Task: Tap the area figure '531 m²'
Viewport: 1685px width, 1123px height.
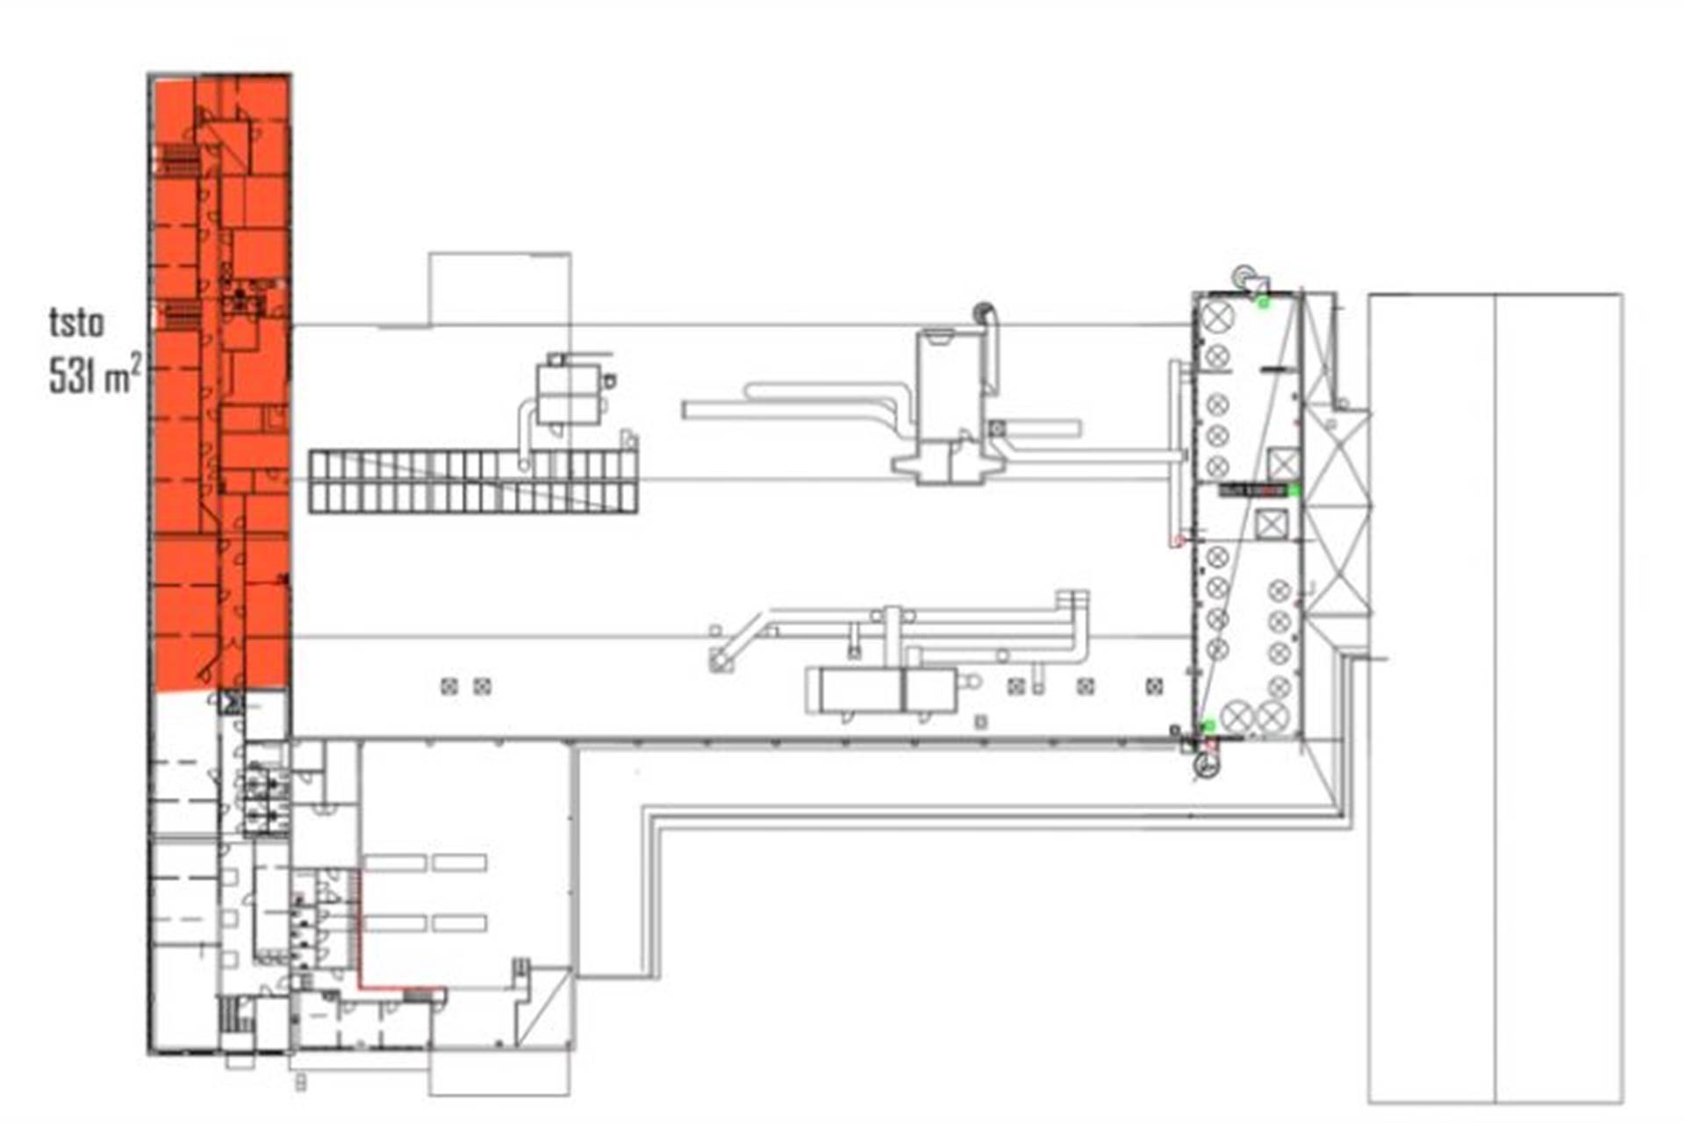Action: pyautogui.click(x=95, y=376)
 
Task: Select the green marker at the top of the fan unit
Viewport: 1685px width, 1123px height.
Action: pyautogui.click(x=1263, y=303)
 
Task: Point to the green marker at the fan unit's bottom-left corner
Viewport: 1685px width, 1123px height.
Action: pyautogui.click(x=1208, y=726)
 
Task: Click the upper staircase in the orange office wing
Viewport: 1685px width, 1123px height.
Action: pyautogui.click(x=181, y=161)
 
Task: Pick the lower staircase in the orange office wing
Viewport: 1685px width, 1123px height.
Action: pyautogui.click(x=181, y=315)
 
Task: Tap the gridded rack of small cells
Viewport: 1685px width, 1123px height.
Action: pyautogui.click(x=473, y=481)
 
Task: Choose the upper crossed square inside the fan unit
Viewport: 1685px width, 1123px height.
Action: pyautogui.click(x=1283, y=462)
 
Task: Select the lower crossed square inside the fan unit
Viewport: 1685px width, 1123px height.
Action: pyautogui.click(x=1270, y=525)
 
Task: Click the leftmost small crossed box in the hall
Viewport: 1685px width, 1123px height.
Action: pyautogui.click(x=449, y=686)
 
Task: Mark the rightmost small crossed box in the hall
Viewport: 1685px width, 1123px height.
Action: pyautogui.click(x=1154, y=686)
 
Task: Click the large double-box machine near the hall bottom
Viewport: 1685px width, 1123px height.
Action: pyautogui.click(x=882, y=690)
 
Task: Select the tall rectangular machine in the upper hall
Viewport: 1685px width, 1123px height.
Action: pyautogui.click(x=949, y=386)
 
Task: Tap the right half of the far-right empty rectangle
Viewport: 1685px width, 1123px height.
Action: pyautogui.click(x=1559, y=698)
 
